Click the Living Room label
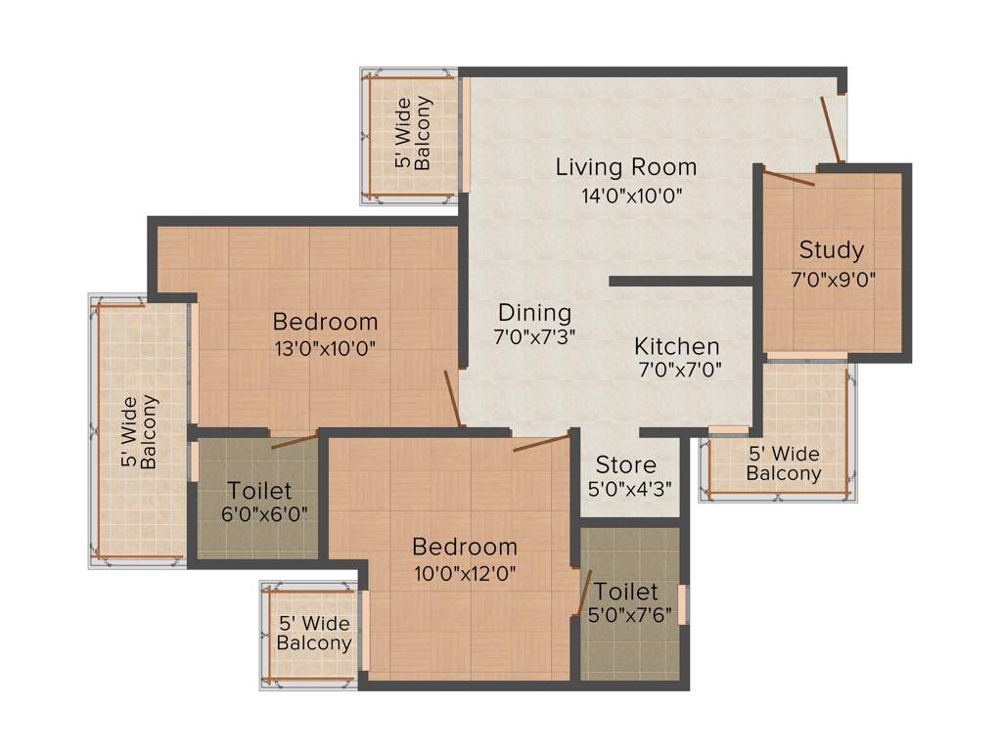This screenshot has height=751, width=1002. [x=626, y=166]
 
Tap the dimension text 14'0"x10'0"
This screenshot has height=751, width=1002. [x=631, y=195]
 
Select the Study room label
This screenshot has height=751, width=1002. [x=832, y=250]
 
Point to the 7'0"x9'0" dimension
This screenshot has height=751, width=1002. [x=833, y=278]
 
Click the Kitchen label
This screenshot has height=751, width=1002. [x=677, y=346]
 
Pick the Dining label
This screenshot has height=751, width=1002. [x=534, y=313]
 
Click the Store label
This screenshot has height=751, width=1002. [x=626, y=464]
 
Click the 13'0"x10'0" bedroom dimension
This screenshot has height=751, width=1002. [x=326, y=347]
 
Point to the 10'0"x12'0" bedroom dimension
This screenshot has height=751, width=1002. [x=465, y=572]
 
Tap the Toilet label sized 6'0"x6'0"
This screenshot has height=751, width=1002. [x=259, y=491]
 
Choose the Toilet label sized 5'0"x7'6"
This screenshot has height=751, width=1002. [x=626, y=592]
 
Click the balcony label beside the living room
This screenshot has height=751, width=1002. [x=413, y=133]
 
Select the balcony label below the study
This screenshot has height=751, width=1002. [x=783, y=464]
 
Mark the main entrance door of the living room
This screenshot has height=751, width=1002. [x=831, y=128]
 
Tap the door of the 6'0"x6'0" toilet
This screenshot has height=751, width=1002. [x=294, y=440]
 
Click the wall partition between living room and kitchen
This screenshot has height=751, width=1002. [x=681, y=282]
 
